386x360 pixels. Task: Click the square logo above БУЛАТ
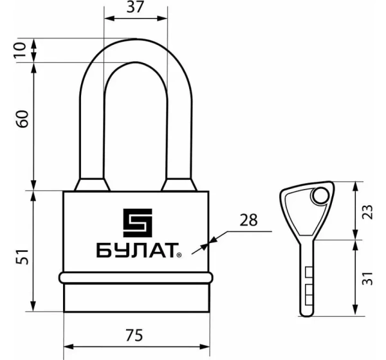(136, 222)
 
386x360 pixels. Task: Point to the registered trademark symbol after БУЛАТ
(179, 256)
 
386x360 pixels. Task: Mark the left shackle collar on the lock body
(91, 184)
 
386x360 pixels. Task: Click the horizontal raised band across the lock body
(136, 278)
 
